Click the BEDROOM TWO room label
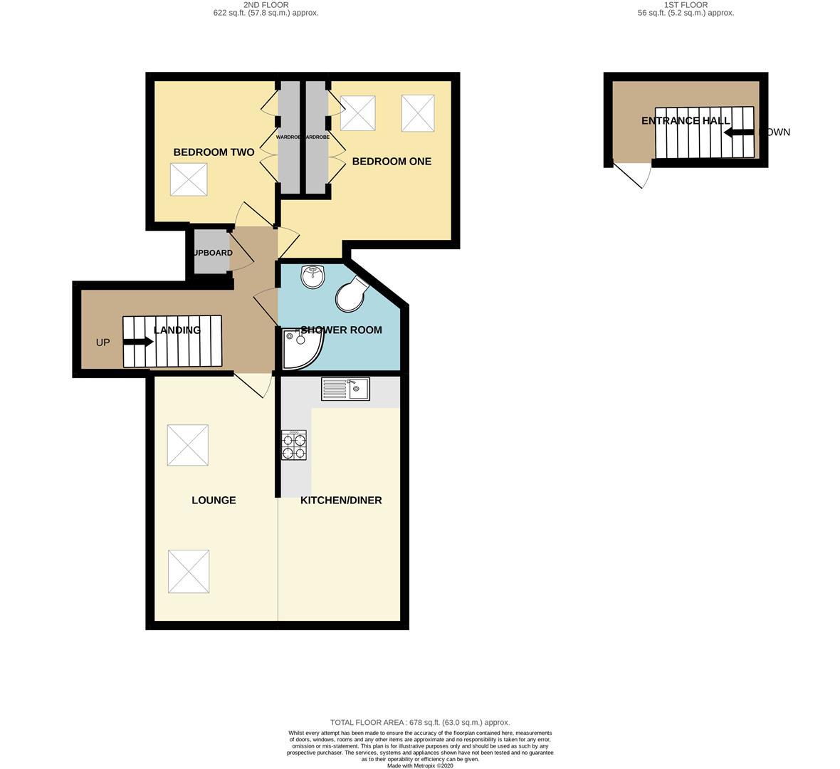point(214,152)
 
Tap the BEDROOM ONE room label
point(392,162)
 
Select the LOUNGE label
point(214,501)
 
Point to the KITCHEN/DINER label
point(341,501)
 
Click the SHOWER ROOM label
point(342,330)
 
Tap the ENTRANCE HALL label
point(685,121)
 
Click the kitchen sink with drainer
point(345,389)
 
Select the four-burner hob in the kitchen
point(294,445)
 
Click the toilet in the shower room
point(352,294)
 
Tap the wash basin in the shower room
point(313,276)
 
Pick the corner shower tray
point(300,349)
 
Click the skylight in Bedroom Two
point(189,179)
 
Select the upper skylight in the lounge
point(188,445)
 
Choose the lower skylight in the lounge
point(189,571)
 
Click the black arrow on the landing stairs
point(138,342)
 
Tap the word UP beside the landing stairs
point(103,342)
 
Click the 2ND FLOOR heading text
point(266,4)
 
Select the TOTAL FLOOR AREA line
point(420,722)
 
